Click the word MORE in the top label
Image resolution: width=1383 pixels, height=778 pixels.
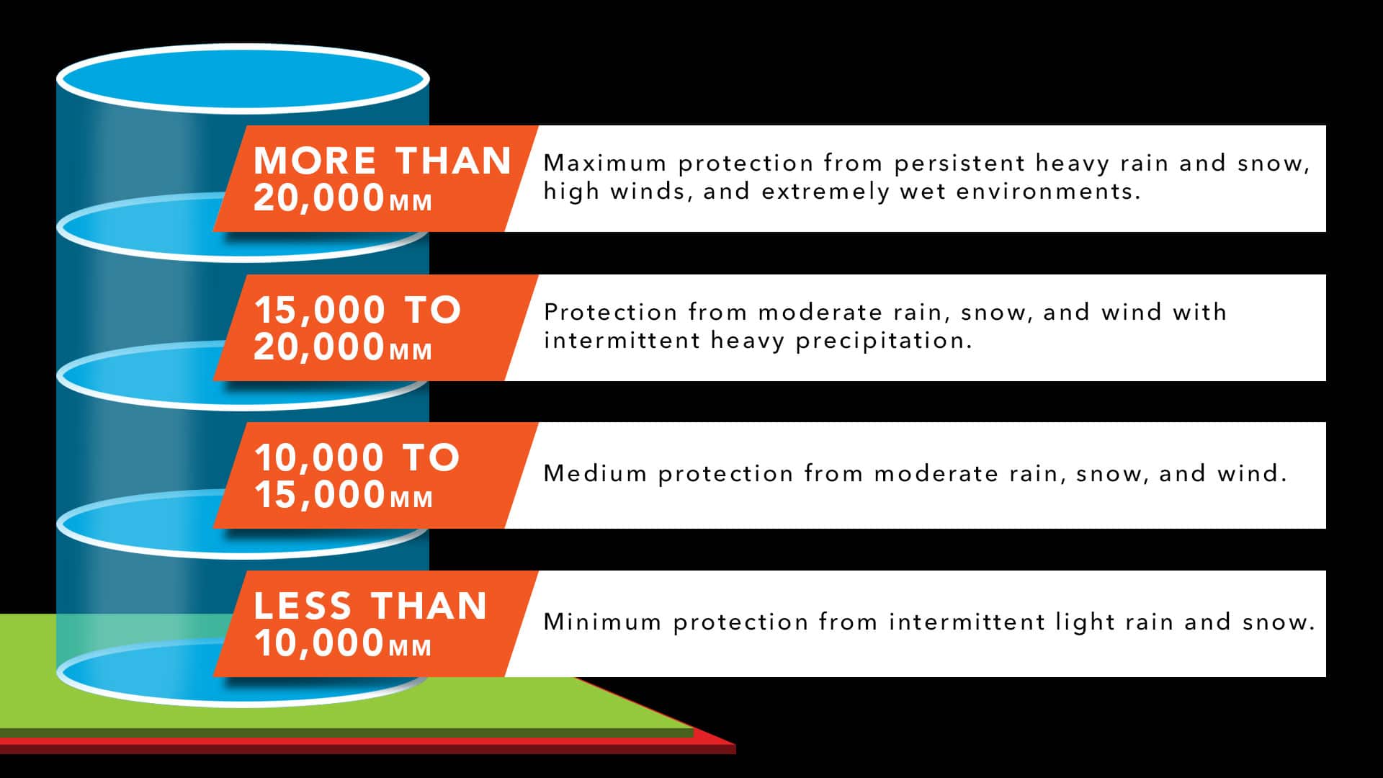[x=315, y=161]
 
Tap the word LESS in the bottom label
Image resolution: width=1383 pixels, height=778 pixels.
[x=303, y=606]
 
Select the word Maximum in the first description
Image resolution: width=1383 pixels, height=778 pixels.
[x=605, y=164]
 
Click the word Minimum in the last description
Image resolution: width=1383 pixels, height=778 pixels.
[x=603, y=622]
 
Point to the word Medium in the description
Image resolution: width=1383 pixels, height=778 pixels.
[x=595, y=473]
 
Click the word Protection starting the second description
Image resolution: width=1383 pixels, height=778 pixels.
[x=611, y=313]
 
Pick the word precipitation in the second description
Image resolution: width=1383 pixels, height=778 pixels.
[x=884, y=341]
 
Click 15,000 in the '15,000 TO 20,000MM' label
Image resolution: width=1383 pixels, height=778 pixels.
[x=320, y=311]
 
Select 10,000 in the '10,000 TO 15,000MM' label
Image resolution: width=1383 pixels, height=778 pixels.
[x=320, y=458]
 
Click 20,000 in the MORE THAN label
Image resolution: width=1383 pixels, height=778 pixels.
[x=319, y=198]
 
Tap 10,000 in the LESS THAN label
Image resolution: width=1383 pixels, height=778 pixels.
[x=319, y=643]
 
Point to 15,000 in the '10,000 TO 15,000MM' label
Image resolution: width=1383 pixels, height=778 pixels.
[x=320, y=495]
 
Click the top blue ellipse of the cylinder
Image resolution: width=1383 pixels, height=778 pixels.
[x=243, y=79]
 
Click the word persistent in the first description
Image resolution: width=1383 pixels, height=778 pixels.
[x=959, y=164]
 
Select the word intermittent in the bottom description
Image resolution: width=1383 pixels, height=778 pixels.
[x=967, y=622]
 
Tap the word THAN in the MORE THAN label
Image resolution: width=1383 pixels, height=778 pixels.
[x=454, y=161]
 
